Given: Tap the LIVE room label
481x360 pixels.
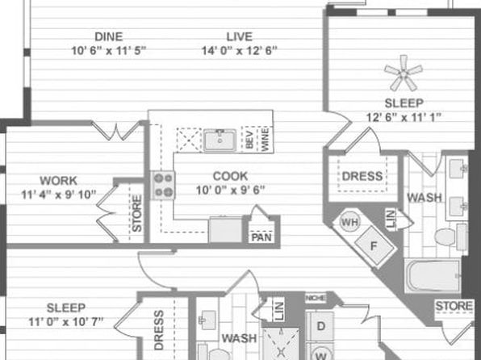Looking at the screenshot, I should tap(239, 36).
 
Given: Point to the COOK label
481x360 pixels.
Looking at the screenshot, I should tap(230, 176).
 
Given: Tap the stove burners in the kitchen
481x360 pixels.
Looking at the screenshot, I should tap(164, 186).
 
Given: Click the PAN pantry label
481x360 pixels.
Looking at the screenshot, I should tap(261, 238).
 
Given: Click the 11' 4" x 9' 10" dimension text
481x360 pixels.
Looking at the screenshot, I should tap(59, 194).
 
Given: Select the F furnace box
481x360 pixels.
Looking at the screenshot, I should tap(373, 244).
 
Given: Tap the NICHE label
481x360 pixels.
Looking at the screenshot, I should tap(316, 299).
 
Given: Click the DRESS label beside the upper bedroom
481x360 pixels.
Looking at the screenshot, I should tap(362, 176).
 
